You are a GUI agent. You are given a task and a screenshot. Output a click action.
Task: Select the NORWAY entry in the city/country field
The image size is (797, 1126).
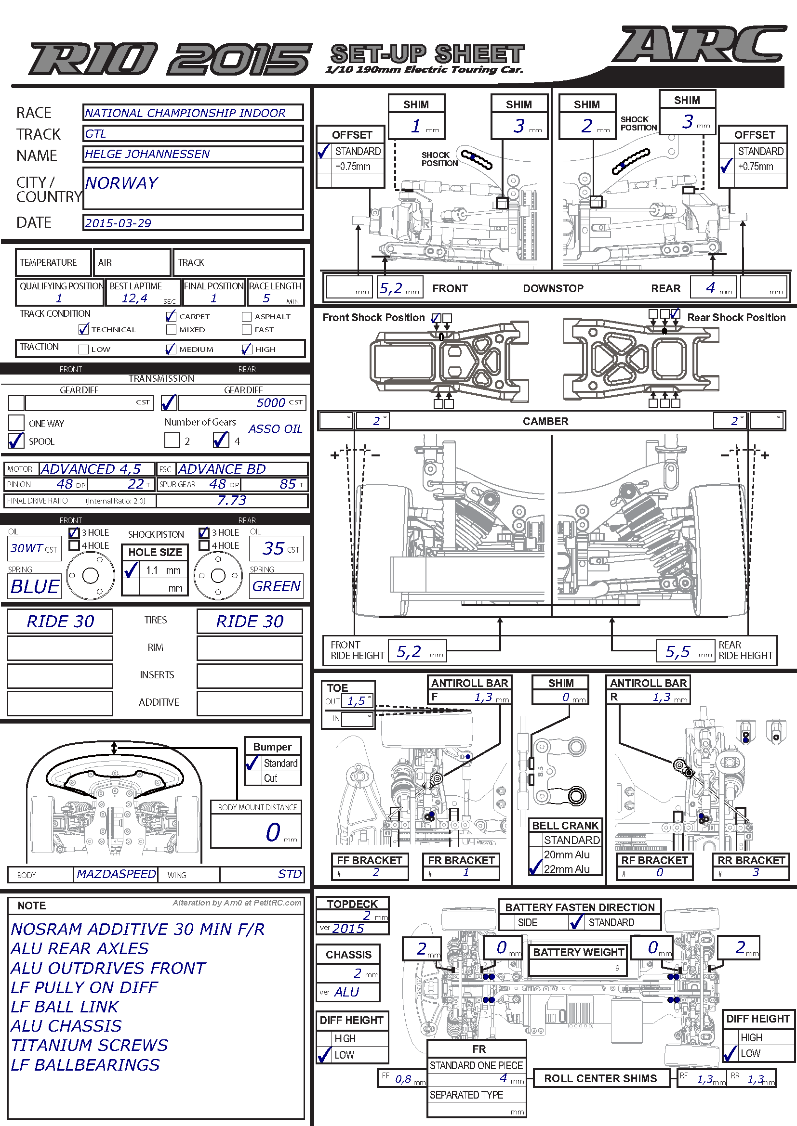[121, 183]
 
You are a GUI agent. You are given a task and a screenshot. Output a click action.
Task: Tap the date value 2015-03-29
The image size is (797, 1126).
[118, 223]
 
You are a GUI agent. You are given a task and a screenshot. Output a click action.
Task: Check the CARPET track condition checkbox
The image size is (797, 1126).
[171, 316]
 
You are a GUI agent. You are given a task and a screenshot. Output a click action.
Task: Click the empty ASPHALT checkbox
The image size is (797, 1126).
[247, 317]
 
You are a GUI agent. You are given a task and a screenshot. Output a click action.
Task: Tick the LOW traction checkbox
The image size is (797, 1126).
[83, 349]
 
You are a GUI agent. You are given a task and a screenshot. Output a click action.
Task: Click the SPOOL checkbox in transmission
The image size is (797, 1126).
[16, 441]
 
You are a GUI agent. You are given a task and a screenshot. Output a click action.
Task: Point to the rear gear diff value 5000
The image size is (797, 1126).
[270, 402]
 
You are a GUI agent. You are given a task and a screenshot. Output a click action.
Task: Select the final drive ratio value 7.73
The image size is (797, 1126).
[232, 500]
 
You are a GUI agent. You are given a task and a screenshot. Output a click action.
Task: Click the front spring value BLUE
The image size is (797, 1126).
[35, 586]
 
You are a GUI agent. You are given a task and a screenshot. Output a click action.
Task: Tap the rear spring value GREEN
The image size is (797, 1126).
[276, 586]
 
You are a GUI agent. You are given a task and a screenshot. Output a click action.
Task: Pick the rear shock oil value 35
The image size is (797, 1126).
[273, 548]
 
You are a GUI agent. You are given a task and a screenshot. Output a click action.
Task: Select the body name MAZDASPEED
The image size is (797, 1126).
[116, 874]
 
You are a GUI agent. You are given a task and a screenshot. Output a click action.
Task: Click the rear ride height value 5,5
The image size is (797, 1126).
[678, 652]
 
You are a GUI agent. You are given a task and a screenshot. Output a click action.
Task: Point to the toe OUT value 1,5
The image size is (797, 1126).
[356, 701]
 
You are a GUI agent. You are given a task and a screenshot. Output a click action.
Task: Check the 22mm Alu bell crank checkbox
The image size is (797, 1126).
[535, 868]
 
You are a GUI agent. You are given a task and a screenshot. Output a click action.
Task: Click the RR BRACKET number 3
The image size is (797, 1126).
[756, 872]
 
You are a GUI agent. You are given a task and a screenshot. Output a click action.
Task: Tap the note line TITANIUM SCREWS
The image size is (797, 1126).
[89, 1045]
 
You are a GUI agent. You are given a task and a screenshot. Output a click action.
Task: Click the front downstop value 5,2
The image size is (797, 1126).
[391, 288]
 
